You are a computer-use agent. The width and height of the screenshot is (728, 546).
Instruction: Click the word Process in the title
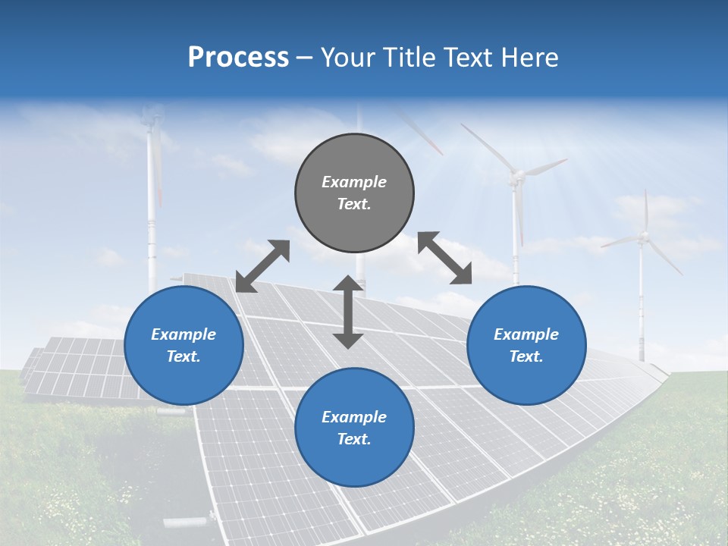click(x=238, y=58)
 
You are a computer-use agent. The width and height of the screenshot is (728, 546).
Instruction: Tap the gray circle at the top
click(x=354, y=193)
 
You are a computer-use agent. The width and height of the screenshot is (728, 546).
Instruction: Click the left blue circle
click(x=184, y=345)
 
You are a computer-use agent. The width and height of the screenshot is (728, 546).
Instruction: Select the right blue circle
click(x=526, y=345)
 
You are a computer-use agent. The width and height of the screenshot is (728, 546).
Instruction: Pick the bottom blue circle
click(x=354, y=428)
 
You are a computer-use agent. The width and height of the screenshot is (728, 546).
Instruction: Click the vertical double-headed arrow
click(x=348, y=312)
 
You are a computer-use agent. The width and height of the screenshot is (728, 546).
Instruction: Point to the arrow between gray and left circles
click(x=262, y=266)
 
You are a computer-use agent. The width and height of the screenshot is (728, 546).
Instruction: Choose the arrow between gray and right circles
click(x=445, y=258)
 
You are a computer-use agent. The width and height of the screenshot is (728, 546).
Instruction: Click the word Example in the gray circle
click(x=354, y=182)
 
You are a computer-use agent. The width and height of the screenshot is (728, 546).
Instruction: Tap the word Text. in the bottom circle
click(x=354, y=439)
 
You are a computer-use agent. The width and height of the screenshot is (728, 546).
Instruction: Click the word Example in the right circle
click(x=526, y=334)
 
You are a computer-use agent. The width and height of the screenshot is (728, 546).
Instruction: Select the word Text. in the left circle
click(x=184, y=356)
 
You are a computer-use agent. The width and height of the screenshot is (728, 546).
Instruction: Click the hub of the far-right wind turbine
click(x=644, y=238)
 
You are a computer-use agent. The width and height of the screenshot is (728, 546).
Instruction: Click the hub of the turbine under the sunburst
click(x=516, y=177)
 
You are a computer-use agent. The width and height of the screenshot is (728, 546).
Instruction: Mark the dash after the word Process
click(x=304, y=58)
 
